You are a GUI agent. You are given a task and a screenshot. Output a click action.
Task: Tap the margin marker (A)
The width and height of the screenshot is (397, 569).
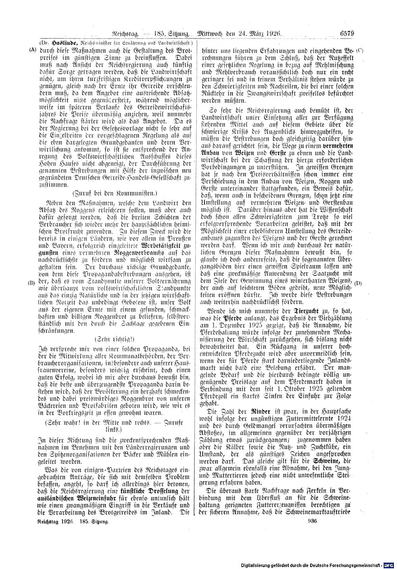pos(32,50)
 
